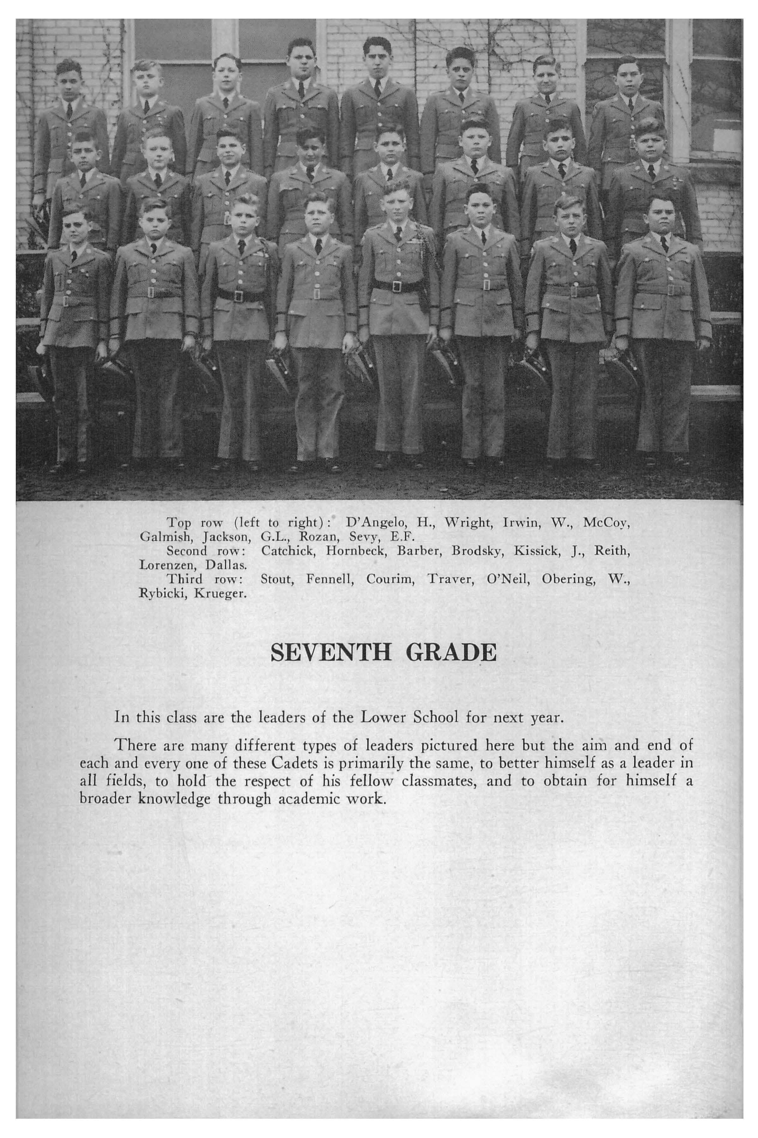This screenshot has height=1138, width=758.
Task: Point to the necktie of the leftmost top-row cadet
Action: [x=69, y=111]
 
